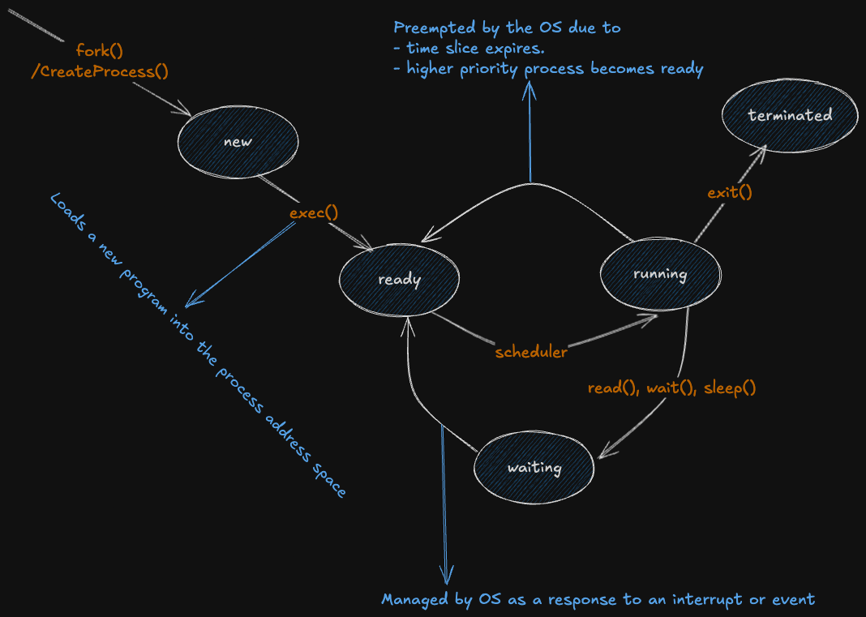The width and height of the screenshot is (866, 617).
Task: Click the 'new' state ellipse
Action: (238, 142)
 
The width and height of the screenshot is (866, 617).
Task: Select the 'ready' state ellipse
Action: (400, 280)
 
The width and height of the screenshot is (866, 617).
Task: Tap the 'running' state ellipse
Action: (660, 274)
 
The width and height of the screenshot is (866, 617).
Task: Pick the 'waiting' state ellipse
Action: (534, 468)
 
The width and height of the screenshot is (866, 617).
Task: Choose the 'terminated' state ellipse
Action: (790, 115)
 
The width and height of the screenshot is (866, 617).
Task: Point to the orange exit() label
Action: (730, 192)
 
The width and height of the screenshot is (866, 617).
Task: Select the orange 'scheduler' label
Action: (531, 352)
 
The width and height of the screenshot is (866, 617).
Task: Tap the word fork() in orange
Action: (100, 50)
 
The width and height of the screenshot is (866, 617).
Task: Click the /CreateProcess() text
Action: (100, 71)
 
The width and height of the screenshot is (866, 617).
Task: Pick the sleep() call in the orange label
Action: (730, 388)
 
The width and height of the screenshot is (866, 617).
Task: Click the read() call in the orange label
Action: (612, 388)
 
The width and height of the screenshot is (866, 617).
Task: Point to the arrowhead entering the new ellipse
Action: (187, 114)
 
